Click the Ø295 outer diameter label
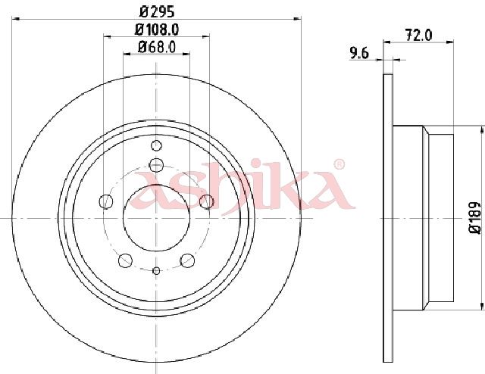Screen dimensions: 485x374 click(157, 11)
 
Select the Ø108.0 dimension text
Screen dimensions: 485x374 click(157, 30)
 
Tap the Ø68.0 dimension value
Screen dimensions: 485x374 click(157, 47)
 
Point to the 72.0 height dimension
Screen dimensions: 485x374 click(418, 36)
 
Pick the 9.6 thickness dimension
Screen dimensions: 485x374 click(359, 54)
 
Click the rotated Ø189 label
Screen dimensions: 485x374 click(475, 218)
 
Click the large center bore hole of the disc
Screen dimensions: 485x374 click(156, 218)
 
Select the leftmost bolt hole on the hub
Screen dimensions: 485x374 click(106, 201)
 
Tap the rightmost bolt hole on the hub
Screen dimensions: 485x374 click(207, 201)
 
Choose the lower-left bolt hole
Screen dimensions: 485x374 click(125, 260)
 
